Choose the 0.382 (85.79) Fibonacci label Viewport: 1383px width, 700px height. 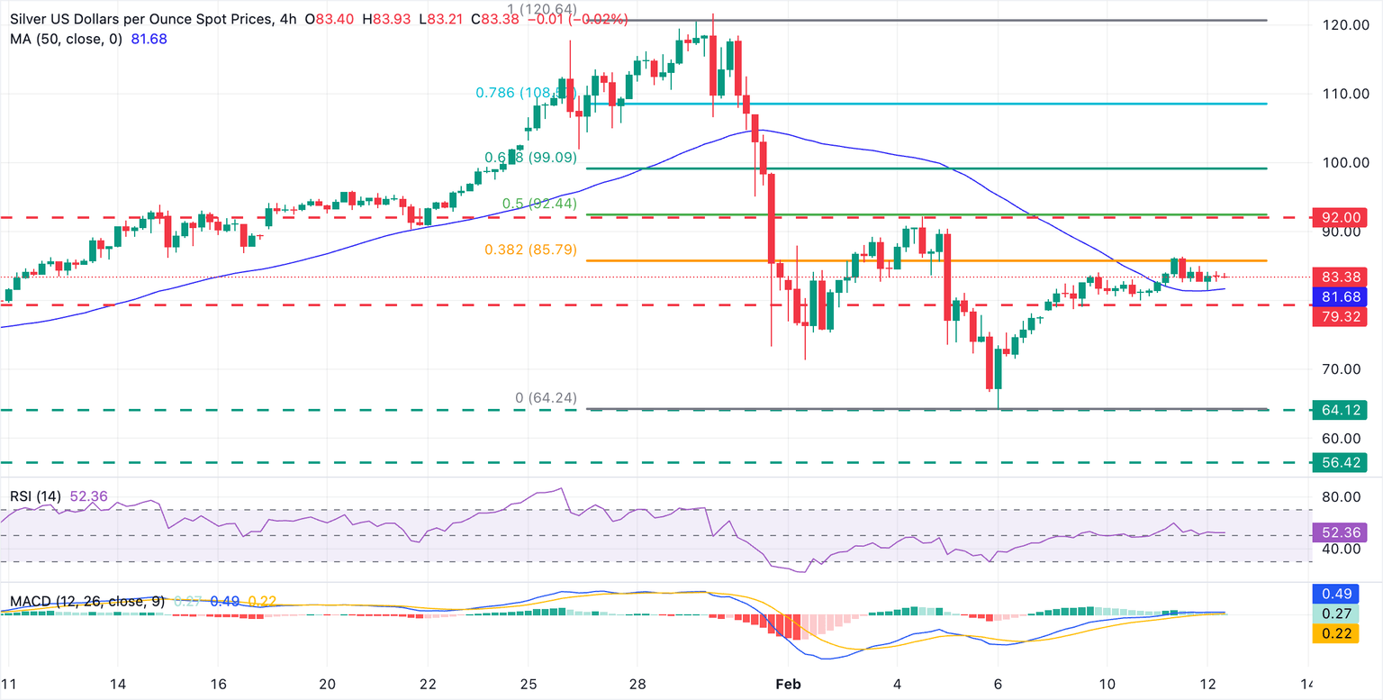(543, 250)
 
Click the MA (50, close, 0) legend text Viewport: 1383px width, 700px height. (65, 40)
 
